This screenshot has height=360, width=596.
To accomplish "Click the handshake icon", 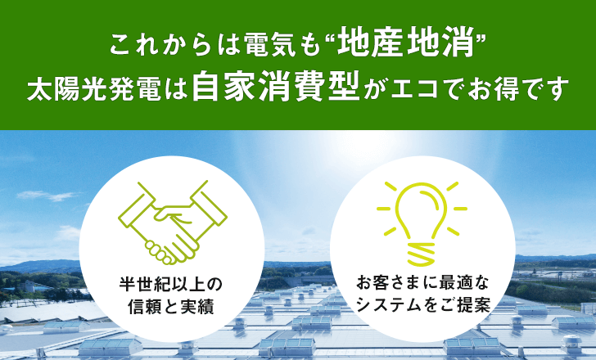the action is coord(173,223).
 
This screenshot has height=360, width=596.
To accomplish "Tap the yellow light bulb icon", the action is coord(422,223).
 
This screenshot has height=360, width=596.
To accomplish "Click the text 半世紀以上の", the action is coord(170,284).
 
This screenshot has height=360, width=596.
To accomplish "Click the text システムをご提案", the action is coord(422,305).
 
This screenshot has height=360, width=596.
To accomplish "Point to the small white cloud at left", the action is coord(47,196).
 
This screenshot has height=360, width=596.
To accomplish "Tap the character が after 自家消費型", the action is coord(374,90).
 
